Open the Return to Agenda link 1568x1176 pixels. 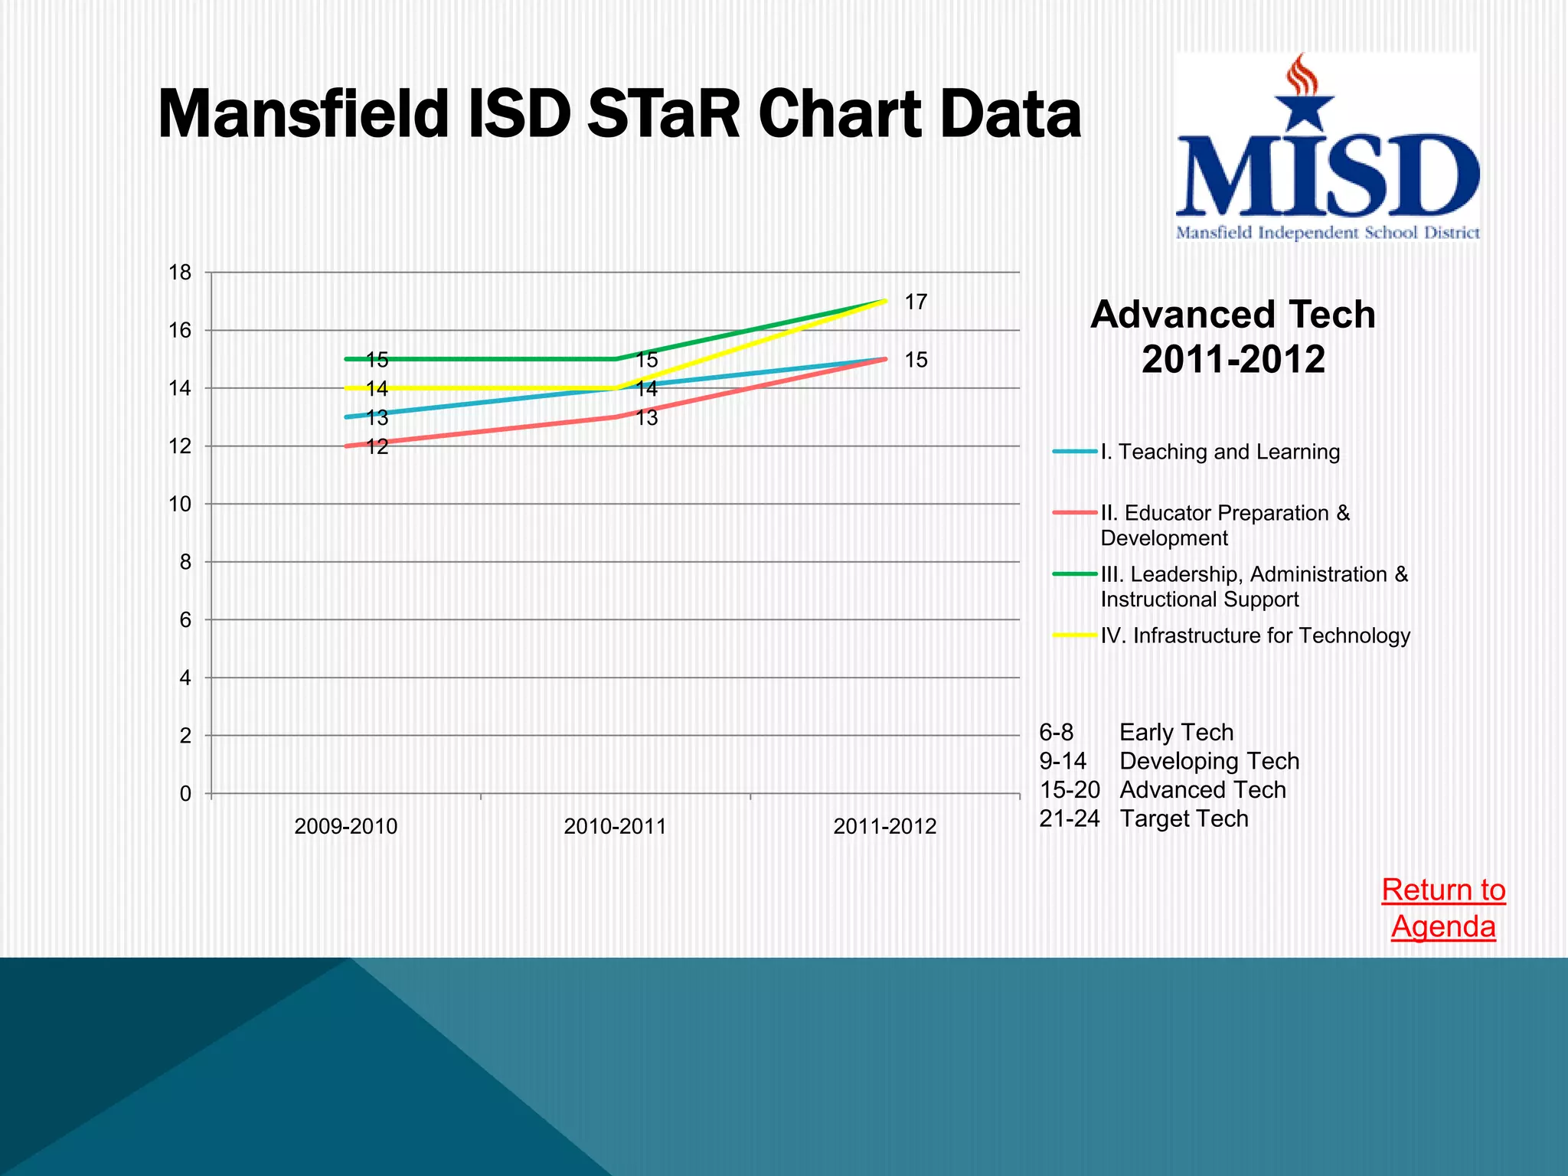1443,908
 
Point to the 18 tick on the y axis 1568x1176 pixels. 180,273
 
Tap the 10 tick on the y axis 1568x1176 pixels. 180,505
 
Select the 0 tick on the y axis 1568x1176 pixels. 185,794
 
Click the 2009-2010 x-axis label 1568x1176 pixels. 346,827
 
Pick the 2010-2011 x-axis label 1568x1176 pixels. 616,827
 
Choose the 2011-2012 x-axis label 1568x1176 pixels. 885,827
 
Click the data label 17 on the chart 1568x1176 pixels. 916,302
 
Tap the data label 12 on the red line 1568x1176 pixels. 377,447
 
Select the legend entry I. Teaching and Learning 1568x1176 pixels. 1220,452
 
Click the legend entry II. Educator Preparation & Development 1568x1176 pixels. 1224,525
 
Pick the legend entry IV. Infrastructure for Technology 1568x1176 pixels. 1255,635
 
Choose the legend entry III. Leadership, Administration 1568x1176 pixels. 1253,586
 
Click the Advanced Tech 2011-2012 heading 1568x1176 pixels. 1233,337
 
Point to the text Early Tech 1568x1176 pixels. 1176,733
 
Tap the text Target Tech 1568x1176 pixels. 1184,818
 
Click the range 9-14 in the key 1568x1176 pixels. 1063,761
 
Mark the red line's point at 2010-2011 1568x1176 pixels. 616,416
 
